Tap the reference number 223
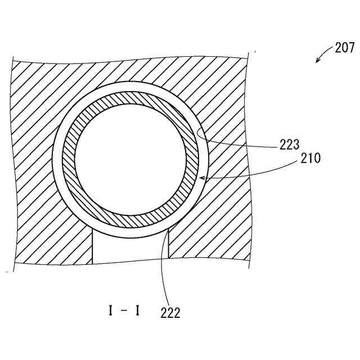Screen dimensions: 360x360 click(x=290, y=144)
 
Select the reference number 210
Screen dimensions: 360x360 click(x=310, y=158)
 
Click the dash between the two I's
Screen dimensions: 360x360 click(x=124, y=309)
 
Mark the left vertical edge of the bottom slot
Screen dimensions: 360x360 click(x=92, y=247)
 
